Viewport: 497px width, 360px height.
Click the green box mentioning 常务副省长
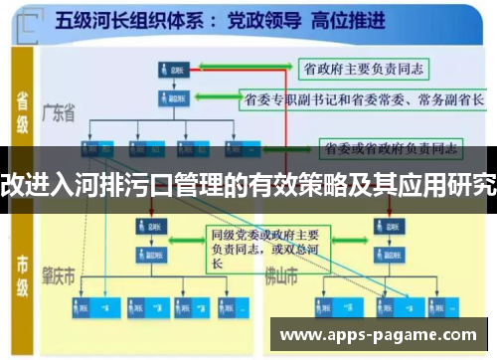pyautogui.click(x=363, y=99)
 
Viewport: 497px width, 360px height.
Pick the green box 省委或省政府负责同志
pyautogui.click(x=389, y=149)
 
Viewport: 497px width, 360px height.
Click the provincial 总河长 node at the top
pyautogui.click(x=170, y=70)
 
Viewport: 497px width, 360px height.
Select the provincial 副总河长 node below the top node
pyautogui.click(x=170, y=98)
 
